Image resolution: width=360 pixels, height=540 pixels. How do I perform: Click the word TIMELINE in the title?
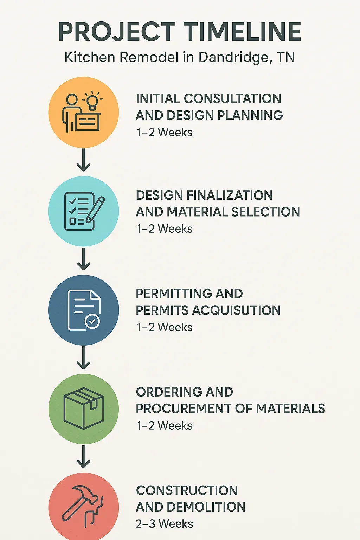[x=243, y=32]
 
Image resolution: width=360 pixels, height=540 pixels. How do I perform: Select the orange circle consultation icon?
[x=83, y=112]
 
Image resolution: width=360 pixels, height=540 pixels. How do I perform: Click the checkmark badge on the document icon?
[x=92, y=321]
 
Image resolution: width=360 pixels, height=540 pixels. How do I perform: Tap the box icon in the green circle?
[x=83, y=409]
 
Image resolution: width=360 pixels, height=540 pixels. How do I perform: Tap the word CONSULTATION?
[x=232, y=99]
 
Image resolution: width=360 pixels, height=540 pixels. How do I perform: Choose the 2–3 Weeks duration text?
[x=164, y=524]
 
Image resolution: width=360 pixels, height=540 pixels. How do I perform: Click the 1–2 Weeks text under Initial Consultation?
[x=164, y=133]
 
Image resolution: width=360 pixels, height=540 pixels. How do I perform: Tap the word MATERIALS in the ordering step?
[x=290, y=409]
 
